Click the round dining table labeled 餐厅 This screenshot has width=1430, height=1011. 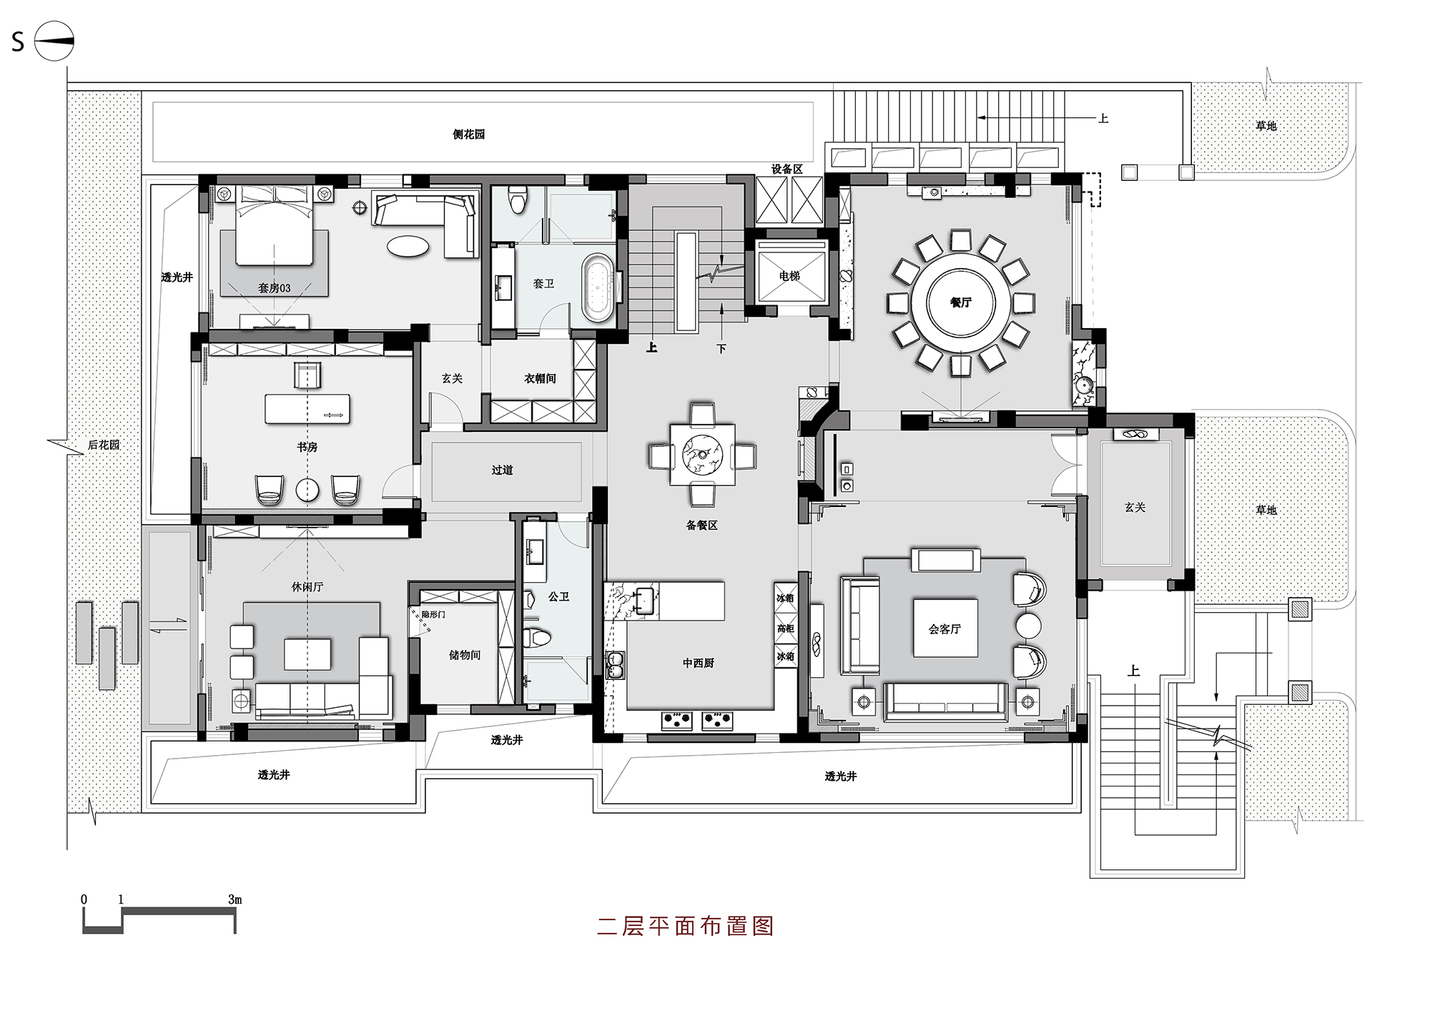coord(960,302)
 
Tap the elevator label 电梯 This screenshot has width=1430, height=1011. coord(789,276)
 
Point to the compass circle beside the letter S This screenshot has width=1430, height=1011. coord(54,41)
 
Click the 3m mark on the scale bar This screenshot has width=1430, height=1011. coord(235,900)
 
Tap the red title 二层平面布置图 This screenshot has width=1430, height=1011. coord(685,926)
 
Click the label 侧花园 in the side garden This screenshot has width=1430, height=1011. coord(468,134)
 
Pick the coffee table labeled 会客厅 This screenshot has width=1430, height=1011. coord(945,628)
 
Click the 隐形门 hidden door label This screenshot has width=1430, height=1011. coord(433,614)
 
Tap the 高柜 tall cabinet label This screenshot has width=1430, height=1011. coord(785,628)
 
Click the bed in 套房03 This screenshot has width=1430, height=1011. coord(275,229)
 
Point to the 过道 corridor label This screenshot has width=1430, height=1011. coord(502,470)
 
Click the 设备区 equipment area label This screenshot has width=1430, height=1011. coord(786,169)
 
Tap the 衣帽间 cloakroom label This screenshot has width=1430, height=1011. coord(540,379)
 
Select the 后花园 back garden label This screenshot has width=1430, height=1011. coord(104,445)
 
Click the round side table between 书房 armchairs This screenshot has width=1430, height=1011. coord(308,489)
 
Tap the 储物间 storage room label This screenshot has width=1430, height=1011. coord(464,655)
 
